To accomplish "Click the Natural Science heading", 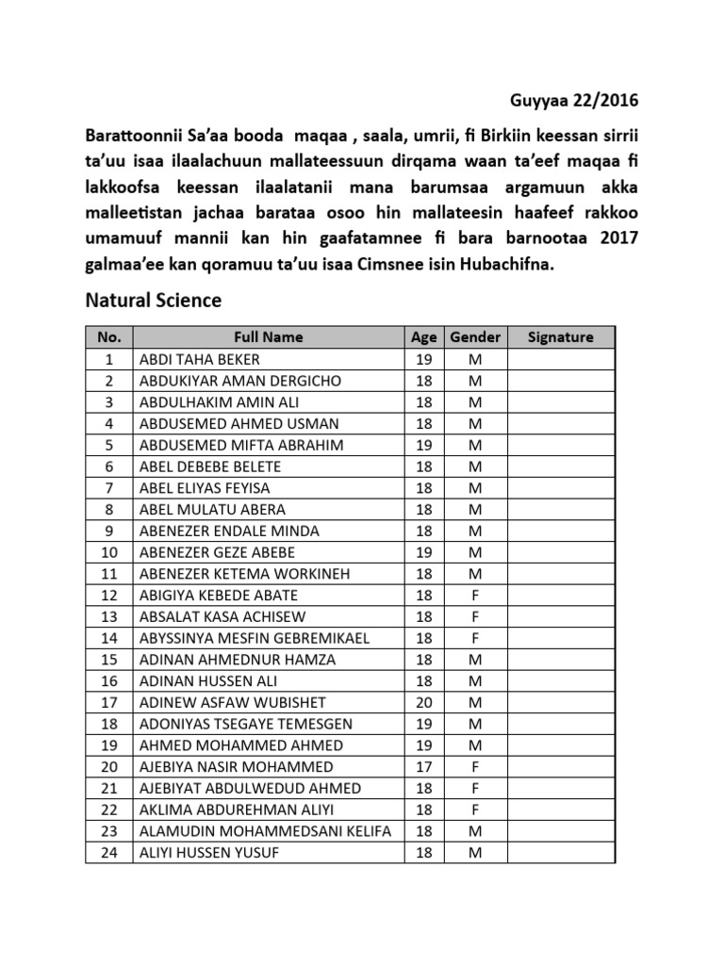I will (154, 301).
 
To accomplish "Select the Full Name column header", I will (269, 337).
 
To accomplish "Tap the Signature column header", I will (561, 337).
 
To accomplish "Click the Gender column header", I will (475, 337).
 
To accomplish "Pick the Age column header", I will (424, 337).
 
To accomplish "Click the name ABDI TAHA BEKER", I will (199, 359).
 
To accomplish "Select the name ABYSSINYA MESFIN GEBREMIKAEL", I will (255, 638).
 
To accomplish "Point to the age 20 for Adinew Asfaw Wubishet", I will (424, 702).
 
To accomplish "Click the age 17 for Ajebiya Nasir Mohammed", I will (424, 767).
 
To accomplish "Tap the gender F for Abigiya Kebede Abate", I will (475, 595).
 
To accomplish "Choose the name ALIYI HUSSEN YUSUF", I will (209, 853).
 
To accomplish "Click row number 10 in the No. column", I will (109, 552).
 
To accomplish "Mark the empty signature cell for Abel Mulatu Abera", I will (561, 509).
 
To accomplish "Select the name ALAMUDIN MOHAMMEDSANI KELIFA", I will (265, 831).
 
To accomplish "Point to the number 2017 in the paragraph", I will (618, 239).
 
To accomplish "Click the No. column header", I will (109, 337).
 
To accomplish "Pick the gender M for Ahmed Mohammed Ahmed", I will (475, 745).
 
